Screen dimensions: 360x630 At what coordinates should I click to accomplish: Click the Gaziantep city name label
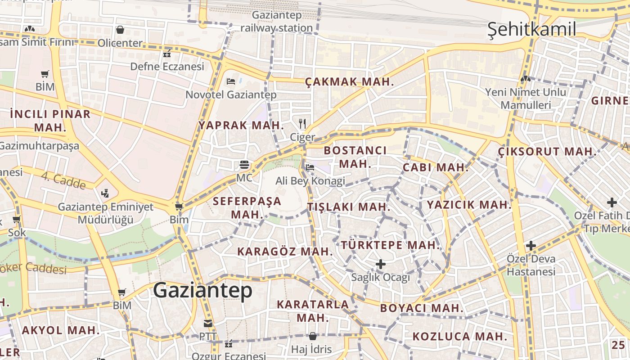[202, 291]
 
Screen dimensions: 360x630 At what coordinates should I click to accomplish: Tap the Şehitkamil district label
[532, 30]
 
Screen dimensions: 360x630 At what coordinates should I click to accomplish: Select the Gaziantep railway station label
[276, 21]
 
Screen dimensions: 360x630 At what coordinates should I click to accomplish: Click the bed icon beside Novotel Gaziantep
[231, 81]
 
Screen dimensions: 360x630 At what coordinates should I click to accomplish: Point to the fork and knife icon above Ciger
[302, 123]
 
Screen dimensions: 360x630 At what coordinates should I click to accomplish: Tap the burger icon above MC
[244, 165]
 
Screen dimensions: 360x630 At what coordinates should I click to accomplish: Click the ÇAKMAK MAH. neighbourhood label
[350, 82]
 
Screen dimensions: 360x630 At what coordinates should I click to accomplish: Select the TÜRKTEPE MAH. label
[390, 245]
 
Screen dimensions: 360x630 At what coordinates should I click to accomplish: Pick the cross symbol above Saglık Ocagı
[381, 264]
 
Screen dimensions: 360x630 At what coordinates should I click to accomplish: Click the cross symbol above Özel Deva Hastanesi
[531, 246]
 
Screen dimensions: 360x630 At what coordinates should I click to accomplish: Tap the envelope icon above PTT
[208, 324]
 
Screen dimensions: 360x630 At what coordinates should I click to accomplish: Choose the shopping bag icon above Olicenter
[120, 30]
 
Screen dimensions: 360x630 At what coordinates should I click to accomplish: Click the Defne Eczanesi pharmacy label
[167, 67]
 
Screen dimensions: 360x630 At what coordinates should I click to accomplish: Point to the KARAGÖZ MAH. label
[285, 251]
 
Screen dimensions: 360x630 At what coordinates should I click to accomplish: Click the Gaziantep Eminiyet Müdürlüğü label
[106, 213]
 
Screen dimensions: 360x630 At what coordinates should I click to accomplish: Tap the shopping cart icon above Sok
[17, 220]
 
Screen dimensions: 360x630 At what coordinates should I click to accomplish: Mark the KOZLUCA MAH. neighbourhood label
[460, 336]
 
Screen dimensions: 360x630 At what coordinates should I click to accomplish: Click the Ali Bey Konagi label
[310, 181]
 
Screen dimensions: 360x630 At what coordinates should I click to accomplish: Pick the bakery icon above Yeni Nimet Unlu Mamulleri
[525, 79]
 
